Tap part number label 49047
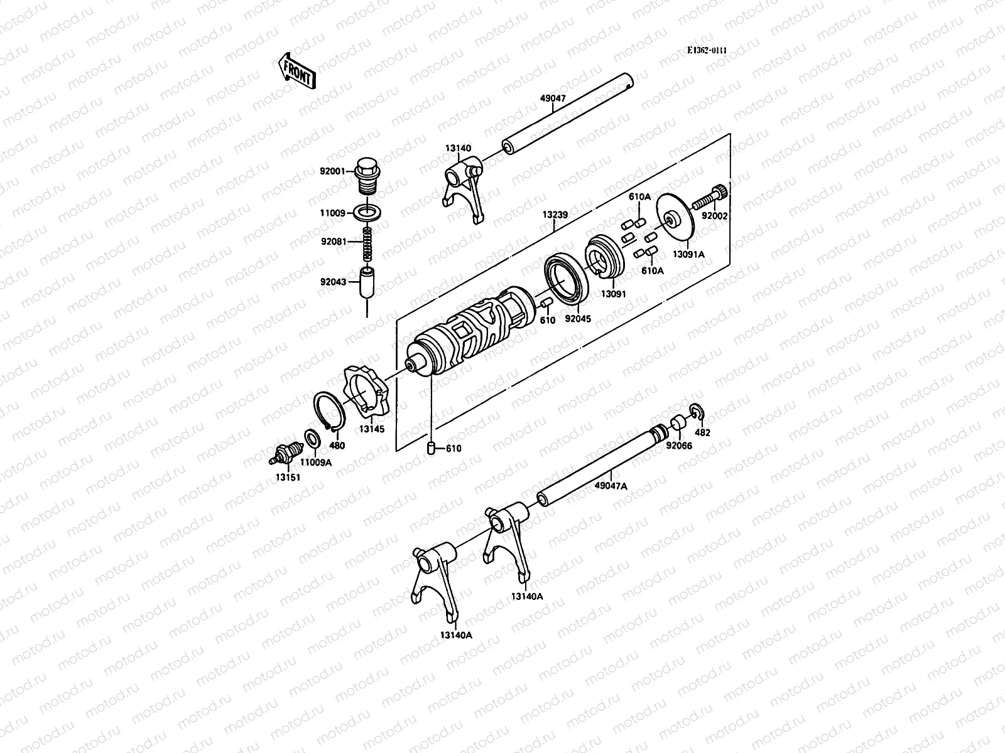click(553, 99)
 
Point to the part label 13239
click(555, 215)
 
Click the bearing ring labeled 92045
click(566, 277)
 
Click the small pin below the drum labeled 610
click(431, 447)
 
